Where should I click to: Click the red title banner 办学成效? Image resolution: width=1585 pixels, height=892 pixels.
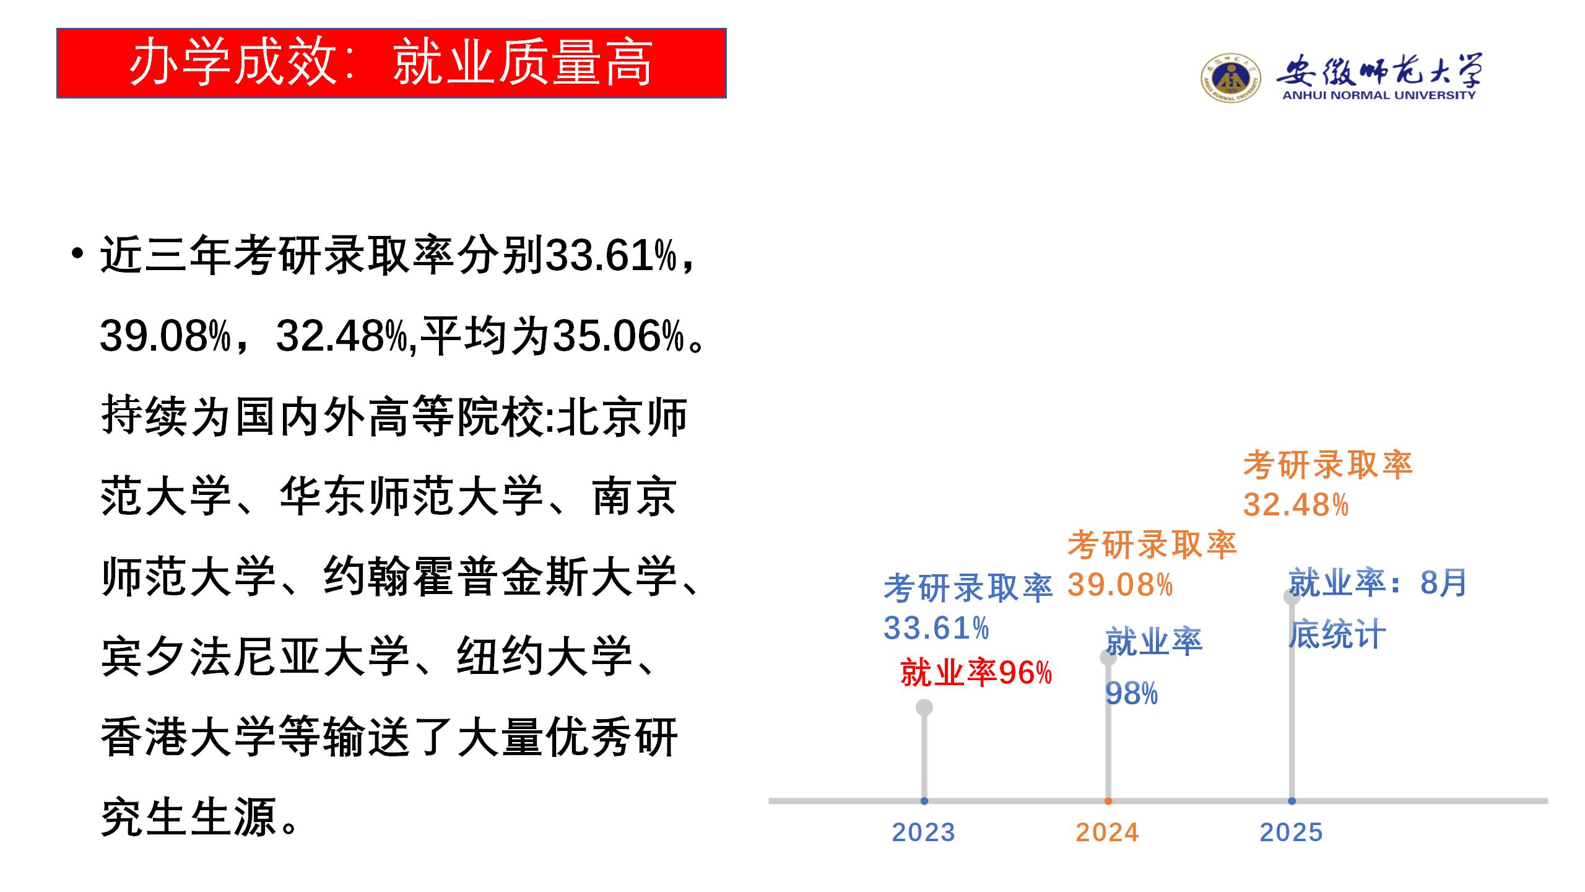[x=391, y=63]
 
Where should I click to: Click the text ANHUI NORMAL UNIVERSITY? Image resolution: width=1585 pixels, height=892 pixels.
[x=1379, y=95]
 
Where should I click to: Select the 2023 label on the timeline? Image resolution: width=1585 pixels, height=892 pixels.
[x=924, y=832]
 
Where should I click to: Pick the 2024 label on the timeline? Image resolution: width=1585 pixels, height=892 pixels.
[x=1108, y=832]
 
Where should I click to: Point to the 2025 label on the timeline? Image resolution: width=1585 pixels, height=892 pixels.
[x=1292, y=832]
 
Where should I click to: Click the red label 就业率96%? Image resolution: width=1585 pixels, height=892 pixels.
[x=976, y=673]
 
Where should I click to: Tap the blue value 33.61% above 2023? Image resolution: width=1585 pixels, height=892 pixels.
[x=936, y=628]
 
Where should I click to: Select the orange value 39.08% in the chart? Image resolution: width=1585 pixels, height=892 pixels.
[x=1120, y=585]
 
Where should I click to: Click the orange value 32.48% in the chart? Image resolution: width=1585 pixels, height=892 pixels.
[x=1296, y=505]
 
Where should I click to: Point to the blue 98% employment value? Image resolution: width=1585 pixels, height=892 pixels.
[x=1131, y=694]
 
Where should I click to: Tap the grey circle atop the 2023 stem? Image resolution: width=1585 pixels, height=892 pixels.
[x=924, y=707]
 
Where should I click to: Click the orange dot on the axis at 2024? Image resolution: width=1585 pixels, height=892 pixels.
[x=1108, y=801]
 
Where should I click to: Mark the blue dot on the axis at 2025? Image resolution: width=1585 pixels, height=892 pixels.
[x=1292, y=801]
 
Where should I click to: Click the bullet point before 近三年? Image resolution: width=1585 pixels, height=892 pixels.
[x=77, y=253]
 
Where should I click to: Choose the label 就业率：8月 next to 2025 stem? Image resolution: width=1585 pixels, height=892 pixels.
[x=1378, y=584]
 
